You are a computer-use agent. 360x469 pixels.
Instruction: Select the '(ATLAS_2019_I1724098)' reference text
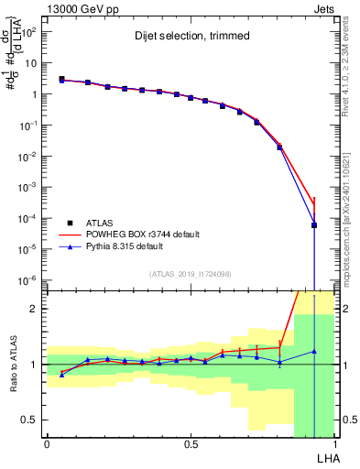point(190,273)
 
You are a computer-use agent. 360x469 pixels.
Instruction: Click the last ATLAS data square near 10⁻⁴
point(314,225)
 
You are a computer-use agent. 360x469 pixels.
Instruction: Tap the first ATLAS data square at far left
point(61,80)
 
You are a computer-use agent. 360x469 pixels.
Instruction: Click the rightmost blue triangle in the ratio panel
point(314,352)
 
